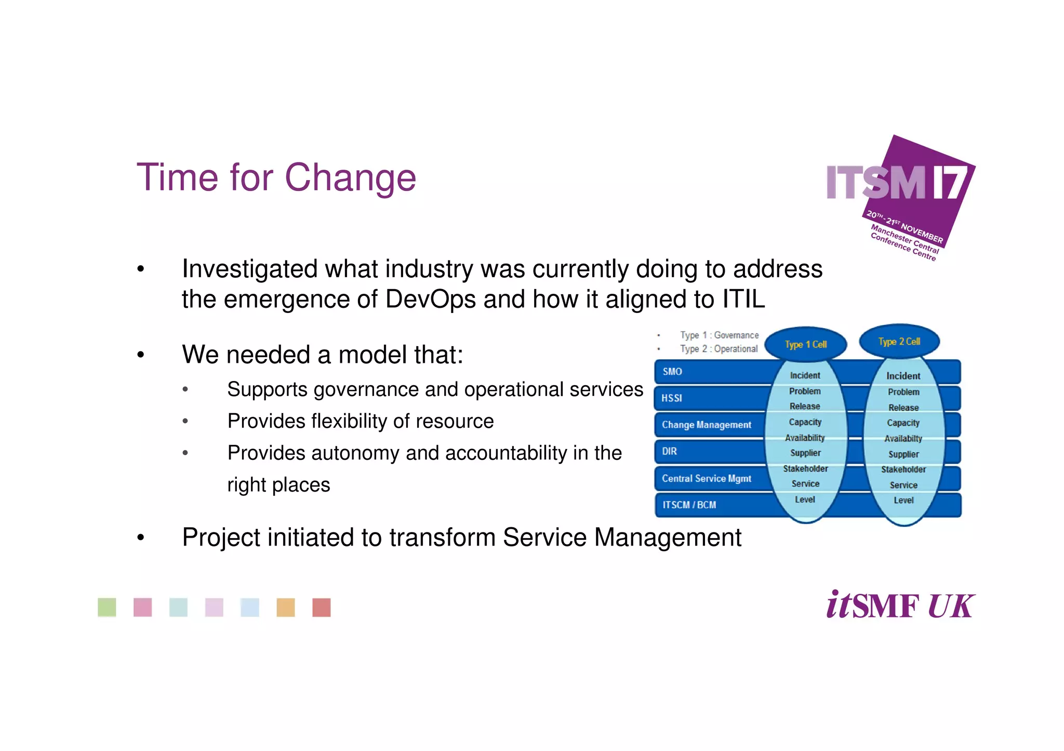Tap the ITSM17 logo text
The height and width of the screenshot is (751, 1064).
896,183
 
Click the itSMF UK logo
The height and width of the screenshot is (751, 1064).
900,605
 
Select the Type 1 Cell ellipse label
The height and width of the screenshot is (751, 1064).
805,345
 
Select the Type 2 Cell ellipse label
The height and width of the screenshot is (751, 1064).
899,342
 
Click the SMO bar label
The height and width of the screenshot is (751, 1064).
672,372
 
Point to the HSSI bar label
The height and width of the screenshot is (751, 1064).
671,398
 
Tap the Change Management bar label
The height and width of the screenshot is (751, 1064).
706,425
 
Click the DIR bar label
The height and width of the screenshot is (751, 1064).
669,452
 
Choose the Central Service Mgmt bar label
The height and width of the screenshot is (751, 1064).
706,479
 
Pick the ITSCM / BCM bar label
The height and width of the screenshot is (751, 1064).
689,505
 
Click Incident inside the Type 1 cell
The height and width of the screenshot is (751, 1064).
805,375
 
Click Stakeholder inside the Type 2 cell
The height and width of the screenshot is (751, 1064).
903,469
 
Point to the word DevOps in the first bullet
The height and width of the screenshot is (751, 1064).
430,299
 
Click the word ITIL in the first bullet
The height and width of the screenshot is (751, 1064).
743,299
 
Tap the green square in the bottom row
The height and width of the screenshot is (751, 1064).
107,607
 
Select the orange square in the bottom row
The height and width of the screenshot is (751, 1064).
286,607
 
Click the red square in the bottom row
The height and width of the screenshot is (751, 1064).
322,607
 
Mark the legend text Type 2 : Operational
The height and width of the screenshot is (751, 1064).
719,349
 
